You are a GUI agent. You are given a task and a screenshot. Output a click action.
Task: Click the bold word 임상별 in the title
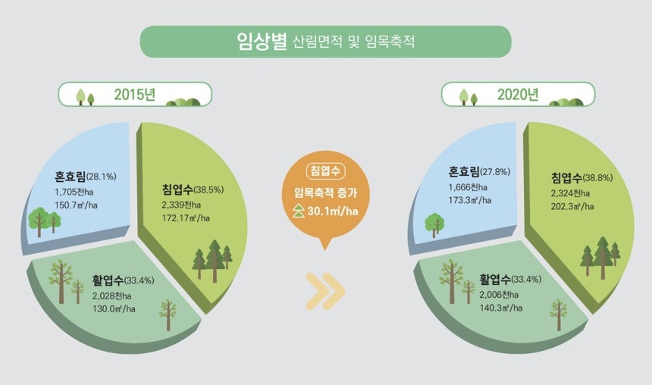262,41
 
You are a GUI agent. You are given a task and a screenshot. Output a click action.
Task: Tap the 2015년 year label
135,95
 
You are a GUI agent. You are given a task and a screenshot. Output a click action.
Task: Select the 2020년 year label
518,95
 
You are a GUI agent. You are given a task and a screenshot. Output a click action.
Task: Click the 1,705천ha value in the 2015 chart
74,192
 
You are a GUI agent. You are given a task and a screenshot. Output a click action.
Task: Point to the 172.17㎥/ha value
186,218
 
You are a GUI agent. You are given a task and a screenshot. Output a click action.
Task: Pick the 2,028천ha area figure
112,296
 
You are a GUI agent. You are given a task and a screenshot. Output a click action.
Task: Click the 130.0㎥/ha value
114,309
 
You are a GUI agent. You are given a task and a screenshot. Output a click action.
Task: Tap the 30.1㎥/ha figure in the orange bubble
333,211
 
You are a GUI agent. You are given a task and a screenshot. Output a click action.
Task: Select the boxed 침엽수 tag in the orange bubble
325,171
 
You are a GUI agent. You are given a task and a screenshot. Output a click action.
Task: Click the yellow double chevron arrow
325,292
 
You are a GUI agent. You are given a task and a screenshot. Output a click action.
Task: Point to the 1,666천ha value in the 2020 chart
468,187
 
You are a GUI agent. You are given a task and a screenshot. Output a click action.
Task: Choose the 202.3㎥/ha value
572,206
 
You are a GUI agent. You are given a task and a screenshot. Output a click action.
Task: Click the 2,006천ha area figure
499,295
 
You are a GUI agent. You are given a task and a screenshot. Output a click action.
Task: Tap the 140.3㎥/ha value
501,308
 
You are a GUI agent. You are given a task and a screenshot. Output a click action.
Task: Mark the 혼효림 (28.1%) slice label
85,177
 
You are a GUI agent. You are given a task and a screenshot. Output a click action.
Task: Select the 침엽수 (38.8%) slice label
581,178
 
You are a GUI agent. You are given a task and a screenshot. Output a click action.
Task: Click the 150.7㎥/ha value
76,205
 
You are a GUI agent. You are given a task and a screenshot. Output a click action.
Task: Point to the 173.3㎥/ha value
470,200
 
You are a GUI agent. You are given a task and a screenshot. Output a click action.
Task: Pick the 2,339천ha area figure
181,205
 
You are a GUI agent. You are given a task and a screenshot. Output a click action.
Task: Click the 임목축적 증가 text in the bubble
325,192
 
